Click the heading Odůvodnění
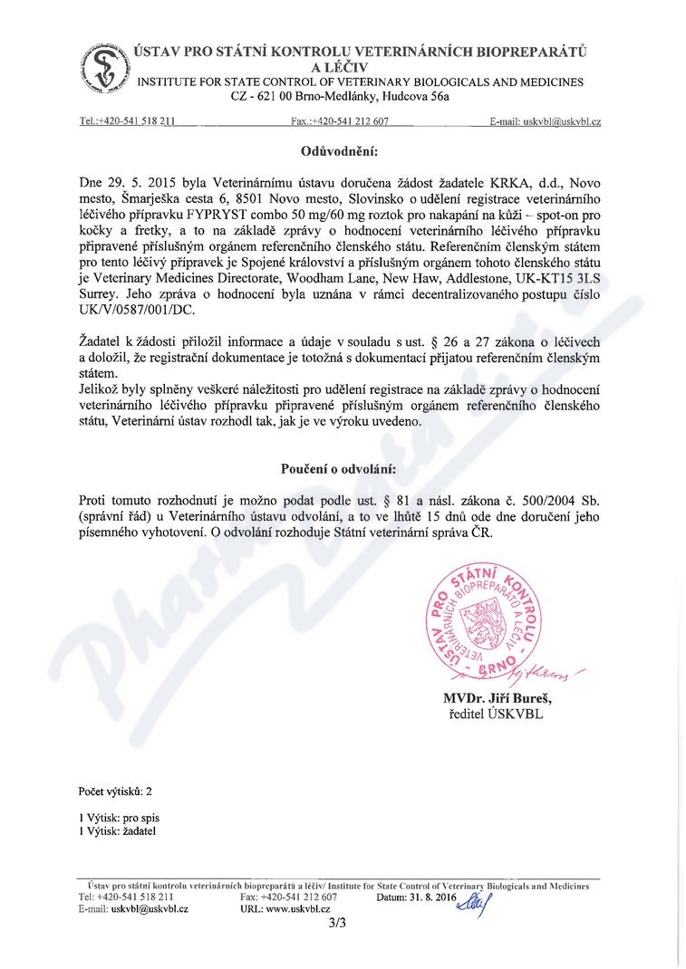(x=339, y=149)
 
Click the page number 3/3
(x=339, y=925)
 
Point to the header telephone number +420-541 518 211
(x=141, y=120)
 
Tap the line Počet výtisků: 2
(x=115, y=790)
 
